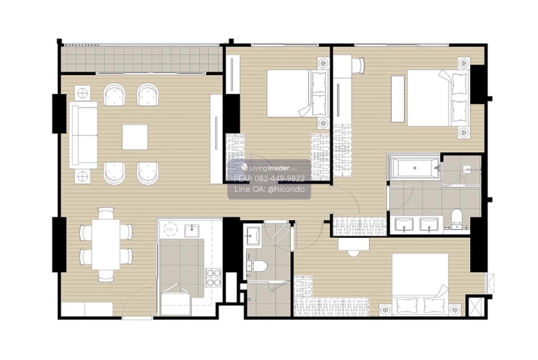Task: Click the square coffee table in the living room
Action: [x=135, y=137]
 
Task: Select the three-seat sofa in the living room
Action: [x=83, y=135]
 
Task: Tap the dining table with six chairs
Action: [x=106, y=244]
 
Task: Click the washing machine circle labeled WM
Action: [x=171, y=230]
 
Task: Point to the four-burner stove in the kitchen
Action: [x=213, y=278]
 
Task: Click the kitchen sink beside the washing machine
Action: [x=192, y=231]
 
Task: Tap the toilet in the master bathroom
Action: [x=456, y=218]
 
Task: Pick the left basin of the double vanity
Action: [x=404, y=224]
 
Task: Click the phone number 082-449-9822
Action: [x=279, y=178]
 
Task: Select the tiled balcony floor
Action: [x=142, y=59]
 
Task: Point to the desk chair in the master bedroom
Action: [x=358, y=65]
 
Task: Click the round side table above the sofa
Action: [x=82, y=93]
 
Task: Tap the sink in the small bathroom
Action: [x=252, y=236]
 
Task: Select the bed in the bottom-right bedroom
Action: [x=420, y=285]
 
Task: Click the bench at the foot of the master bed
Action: [x=398, y=99]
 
